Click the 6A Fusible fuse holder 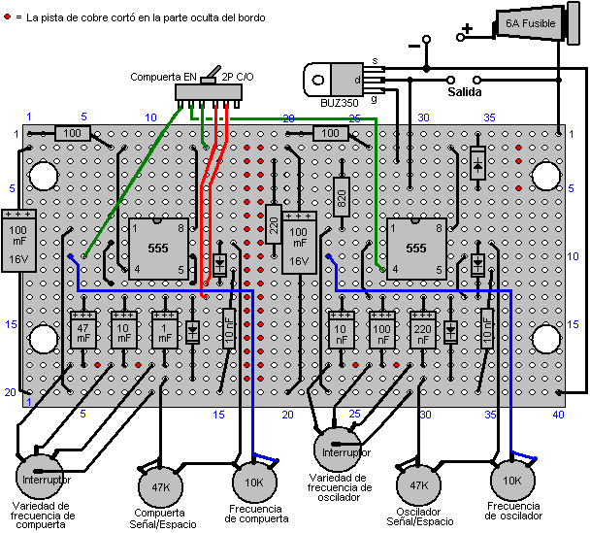click(x=529, y=25)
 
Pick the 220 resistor click(x=274, y=229)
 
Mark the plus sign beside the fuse click(x=467, y=29)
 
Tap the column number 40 click(x=559, y=415)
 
